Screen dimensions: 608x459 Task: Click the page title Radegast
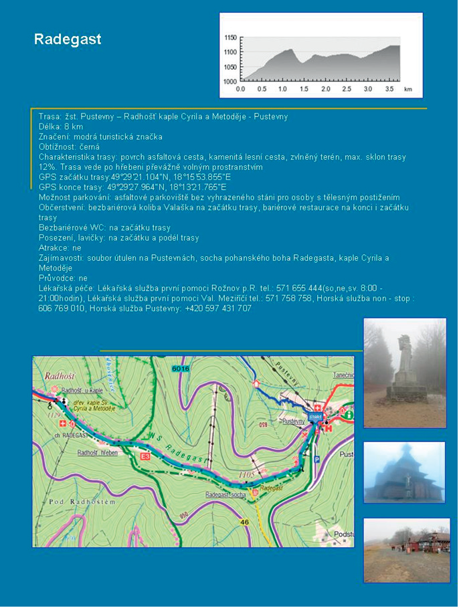(x=68, y=39)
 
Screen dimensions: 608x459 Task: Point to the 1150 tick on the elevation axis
(x=230, y=37)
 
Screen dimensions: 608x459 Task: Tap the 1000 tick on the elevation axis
(x=230, y=81)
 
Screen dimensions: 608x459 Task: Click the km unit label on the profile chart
(x=407, y=88)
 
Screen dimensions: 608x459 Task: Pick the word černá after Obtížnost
(x=90, y=146)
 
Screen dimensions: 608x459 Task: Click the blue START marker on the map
(x=316, y=416)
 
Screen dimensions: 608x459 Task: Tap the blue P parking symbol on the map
(x=317, y=460)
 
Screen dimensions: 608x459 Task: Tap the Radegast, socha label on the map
(x=225, y=495)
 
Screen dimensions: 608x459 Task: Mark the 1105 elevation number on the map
(x=246, y=474)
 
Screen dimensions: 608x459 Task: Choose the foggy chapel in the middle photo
(x=400, y=475)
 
